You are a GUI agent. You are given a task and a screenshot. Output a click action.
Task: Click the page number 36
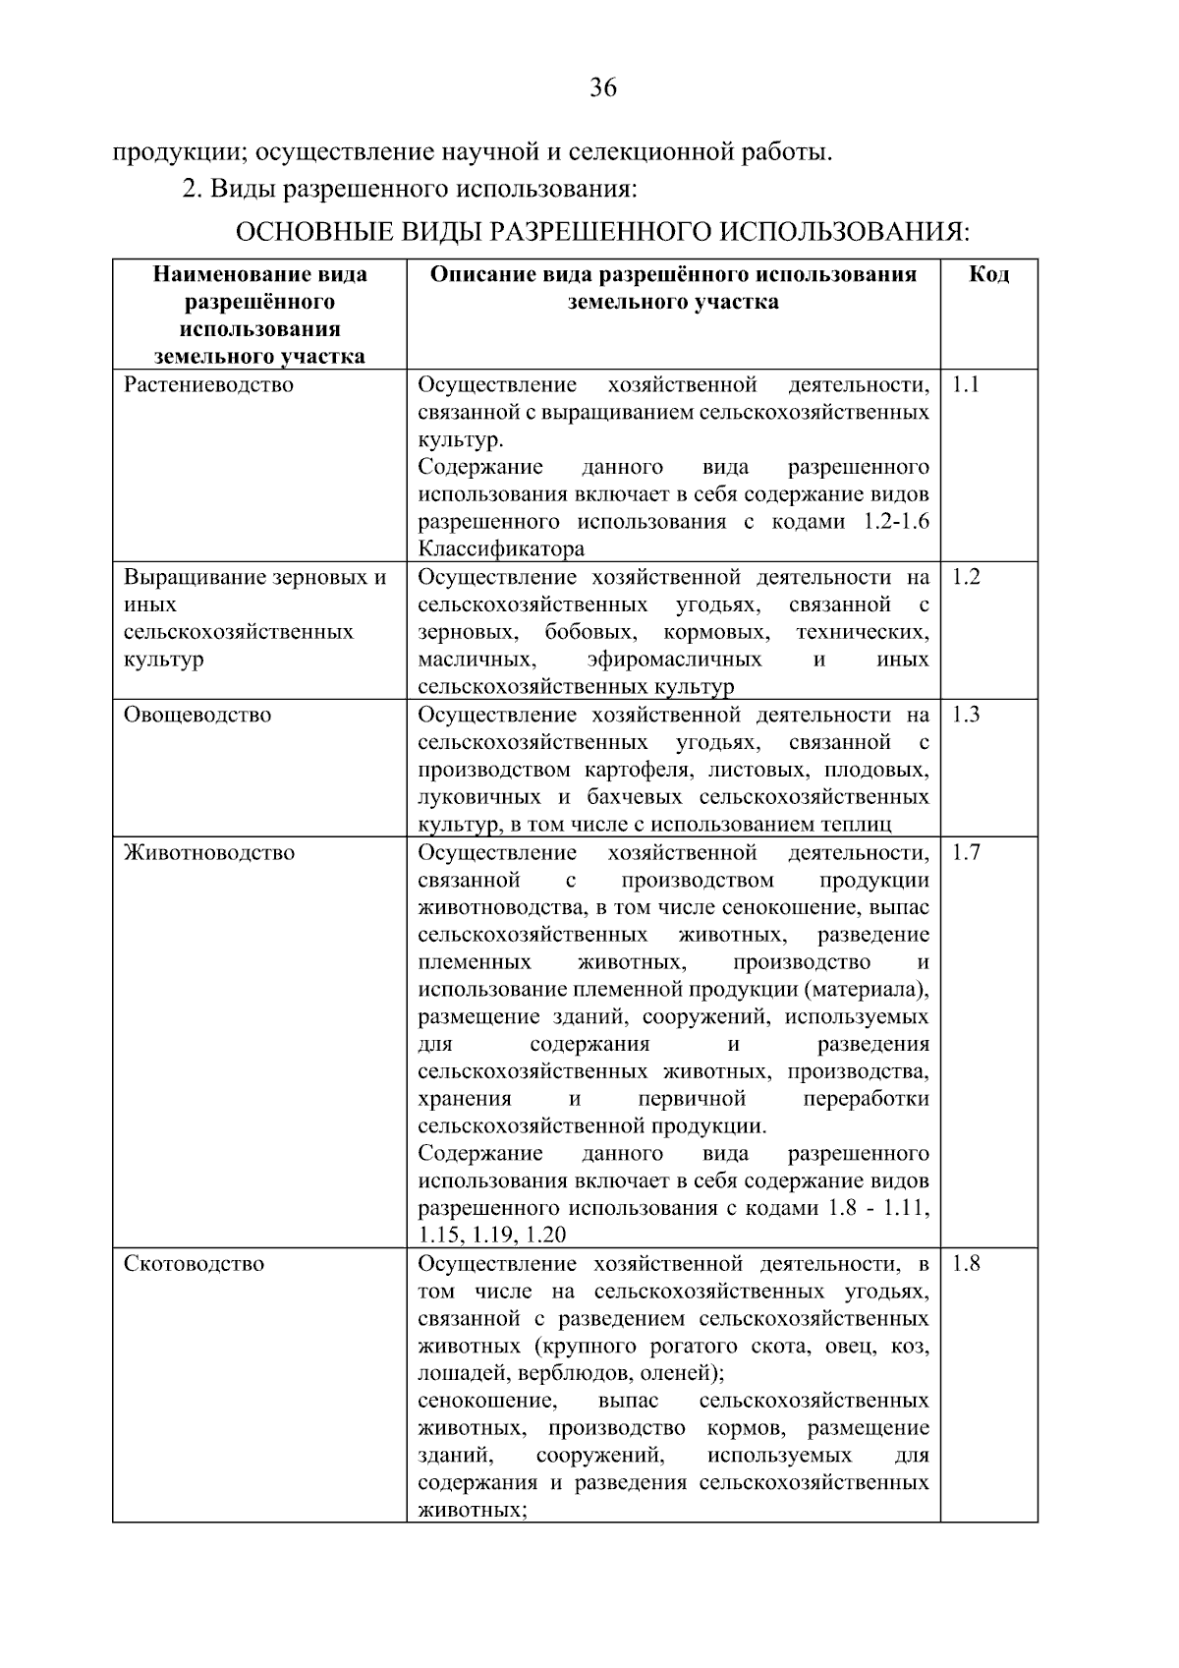click(x=602, y=88)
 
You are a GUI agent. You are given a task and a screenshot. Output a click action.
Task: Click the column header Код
click(x=988, y=274)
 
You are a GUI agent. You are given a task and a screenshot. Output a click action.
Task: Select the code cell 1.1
click(x=966, y=384)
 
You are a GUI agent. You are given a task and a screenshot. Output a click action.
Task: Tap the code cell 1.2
click(x=966, y=577)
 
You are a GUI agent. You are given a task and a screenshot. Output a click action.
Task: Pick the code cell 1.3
click(x=966, y=715)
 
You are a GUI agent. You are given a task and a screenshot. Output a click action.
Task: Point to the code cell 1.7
click(x=966, y=852)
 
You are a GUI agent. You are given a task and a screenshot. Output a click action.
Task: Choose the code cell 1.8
click(x=966, y=1263)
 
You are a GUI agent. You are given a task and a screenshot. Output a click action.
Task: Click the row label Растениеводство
click(x=208, y=384)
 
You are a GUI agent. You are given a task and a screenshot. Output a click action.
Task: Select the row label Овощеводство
click(x=196, y=715)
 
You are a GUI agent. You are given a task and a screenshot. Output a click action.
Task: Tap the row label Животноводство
click(x=208, y=852)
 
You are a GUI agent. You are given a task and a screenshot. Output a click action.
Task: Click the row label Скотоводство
click(x=194, y=1263)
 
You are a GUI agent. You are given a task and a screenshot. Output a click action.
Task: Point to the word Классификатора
click(x=501, y=549)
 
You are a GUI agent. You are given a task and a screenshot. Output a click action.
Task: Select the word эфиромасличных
click(x=674, y=659)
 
